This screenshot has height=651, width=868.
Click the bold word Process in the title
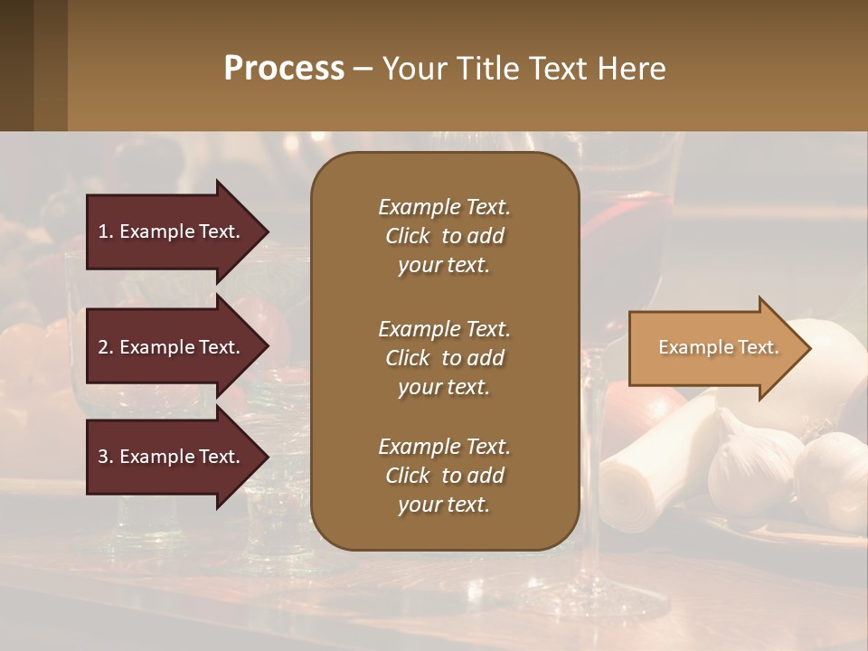point(284,69)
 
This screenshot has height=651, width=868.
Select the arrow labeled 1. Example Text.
point(172,231)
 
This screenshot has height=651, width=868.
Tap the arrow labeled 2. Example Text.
point(172,347)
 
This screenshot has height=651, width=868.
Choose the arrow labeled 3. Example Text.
point(172,457)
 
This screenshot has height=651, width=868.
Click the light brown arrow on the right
point(714,348)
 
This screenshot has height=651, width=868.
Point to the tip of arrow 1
point(268,231)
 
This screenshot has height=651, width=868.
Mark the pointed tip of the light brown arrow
point(810,348)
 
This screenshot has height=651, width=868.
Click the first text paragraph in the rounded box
point(444,236)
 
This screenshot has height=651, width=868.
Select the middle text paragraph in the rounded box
point(444,357)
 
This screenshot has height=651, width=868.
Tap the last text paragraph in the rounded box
point(444,476)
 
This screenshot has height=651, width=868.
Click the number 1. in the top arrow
point(106,231)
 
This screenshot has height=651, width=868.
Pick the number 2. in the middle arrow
point(106,347)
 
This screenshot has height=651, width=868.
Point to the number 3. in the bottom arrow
point(106,457)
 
